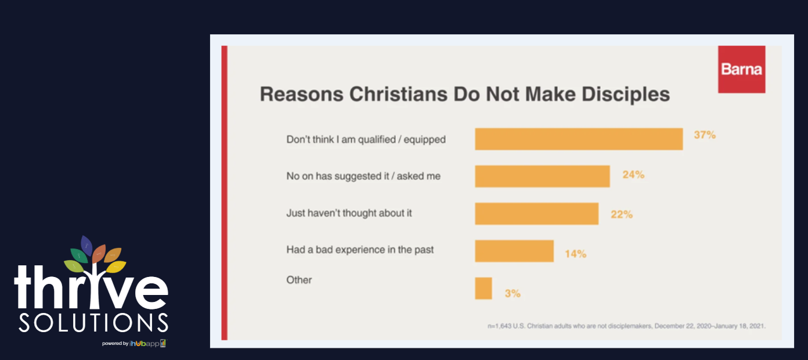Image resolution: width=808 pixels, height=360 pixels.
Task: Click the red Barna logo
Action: [741, 69]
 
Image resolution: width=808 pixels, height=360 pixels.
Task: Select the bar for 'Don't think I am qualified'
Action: [578, 139]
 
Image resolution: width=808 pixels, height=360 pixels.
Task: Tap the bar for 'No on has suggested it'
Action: [542, 176]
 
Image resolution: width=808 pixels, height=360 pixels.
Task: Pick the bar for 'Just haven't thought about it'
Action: [536, 213]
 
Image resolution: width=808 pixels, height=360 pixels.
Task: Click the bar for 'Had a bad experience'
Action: [514, 251]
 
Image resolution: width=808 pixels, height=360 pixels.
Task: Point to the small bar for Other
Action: [483, 288]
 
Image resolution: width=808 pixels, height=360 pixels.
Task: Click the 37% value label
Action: [705, 135]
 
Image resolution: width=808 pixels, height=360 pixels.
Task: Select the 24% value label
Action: [633, 174]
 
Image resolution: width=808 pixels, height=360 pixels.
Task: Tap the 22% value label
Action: [621, 214]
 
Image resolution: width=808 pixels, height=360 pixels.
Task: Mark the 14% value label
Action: [575, 254]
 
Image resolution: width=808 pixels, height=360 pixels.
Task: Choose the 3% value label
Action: [512, 293]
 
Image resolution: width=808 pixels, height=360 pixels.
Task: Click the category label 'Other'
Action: [299, 280]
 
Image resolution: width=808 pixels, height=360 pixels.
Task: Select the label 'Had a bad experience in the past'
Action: [360, 250]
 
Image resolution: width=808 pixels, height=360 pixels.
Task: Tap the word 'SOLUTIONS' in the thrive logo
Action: [93, 323]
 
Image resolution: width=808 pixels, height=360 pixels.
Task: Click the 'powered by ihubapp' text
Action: [134, 343]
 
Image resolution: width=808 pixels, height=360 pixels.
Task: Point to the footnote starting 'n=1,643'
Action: [626, 326]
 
